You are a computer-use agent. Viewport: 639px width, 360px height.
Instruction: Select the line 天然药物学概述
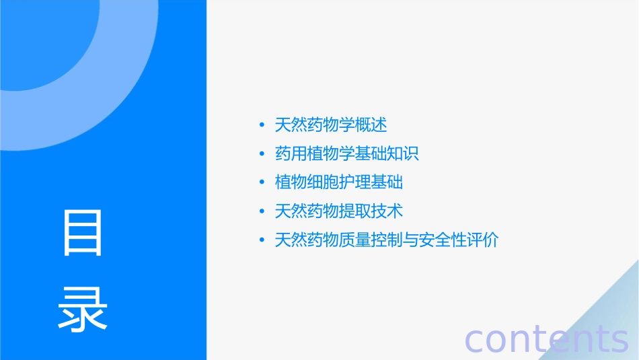331,124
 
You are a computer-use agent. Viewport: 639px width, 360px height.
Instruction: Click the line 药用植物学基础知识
347,153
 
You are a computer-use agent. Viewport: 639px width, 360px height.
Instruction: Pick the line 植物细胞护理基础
339,182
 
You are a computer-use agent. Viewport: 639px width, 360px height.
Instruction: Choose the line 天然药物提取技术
339,211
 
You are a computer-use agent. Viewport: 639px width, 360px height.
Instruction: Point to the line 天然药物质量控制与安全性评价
387,240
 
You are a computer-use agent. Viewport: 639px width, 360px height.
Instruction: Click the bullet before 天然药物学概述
262,125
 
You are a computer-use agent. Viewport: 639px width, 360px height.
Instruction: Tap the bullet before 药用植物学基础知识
262,154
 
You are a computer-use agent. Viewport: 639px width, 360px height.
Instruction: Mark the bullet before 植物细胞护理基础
262,183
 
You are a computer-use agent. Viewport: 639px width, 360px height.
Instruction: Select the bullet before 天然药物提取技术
262,212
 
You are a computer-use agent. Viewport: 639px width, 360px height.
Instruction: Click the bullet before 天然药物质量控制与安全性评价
262,241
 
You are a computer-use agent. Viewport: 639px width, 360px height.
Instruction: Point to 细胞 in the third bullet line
323,182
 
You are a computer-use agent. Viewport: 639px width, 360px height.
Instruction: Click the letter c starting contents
475,340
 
